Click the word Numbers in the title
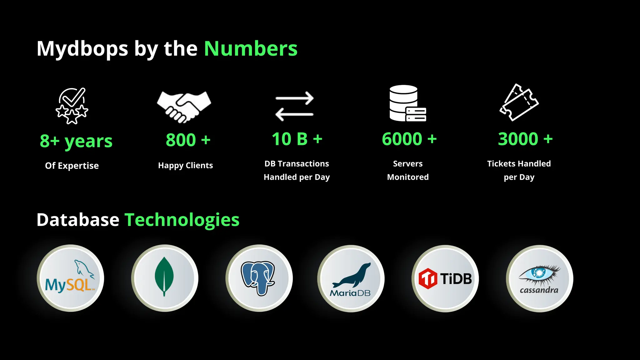coord(251,49)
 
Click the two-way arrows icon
coord(294,106)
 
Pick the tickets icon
coord(519,102)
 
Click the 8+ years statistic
coord(76,141)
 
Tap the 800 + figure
coord(188,140)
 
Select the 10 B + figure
coord(297,139)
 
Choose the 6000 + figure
coord(409,139)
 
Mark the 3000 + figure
coord(525,139)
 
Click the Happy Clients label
coord(185,165)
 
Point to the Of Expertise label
coord(72,166)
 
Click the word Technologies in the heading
coord(182,220)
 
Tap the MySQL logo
coord(70,278)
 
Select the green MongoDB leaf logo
coord(164,277)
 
